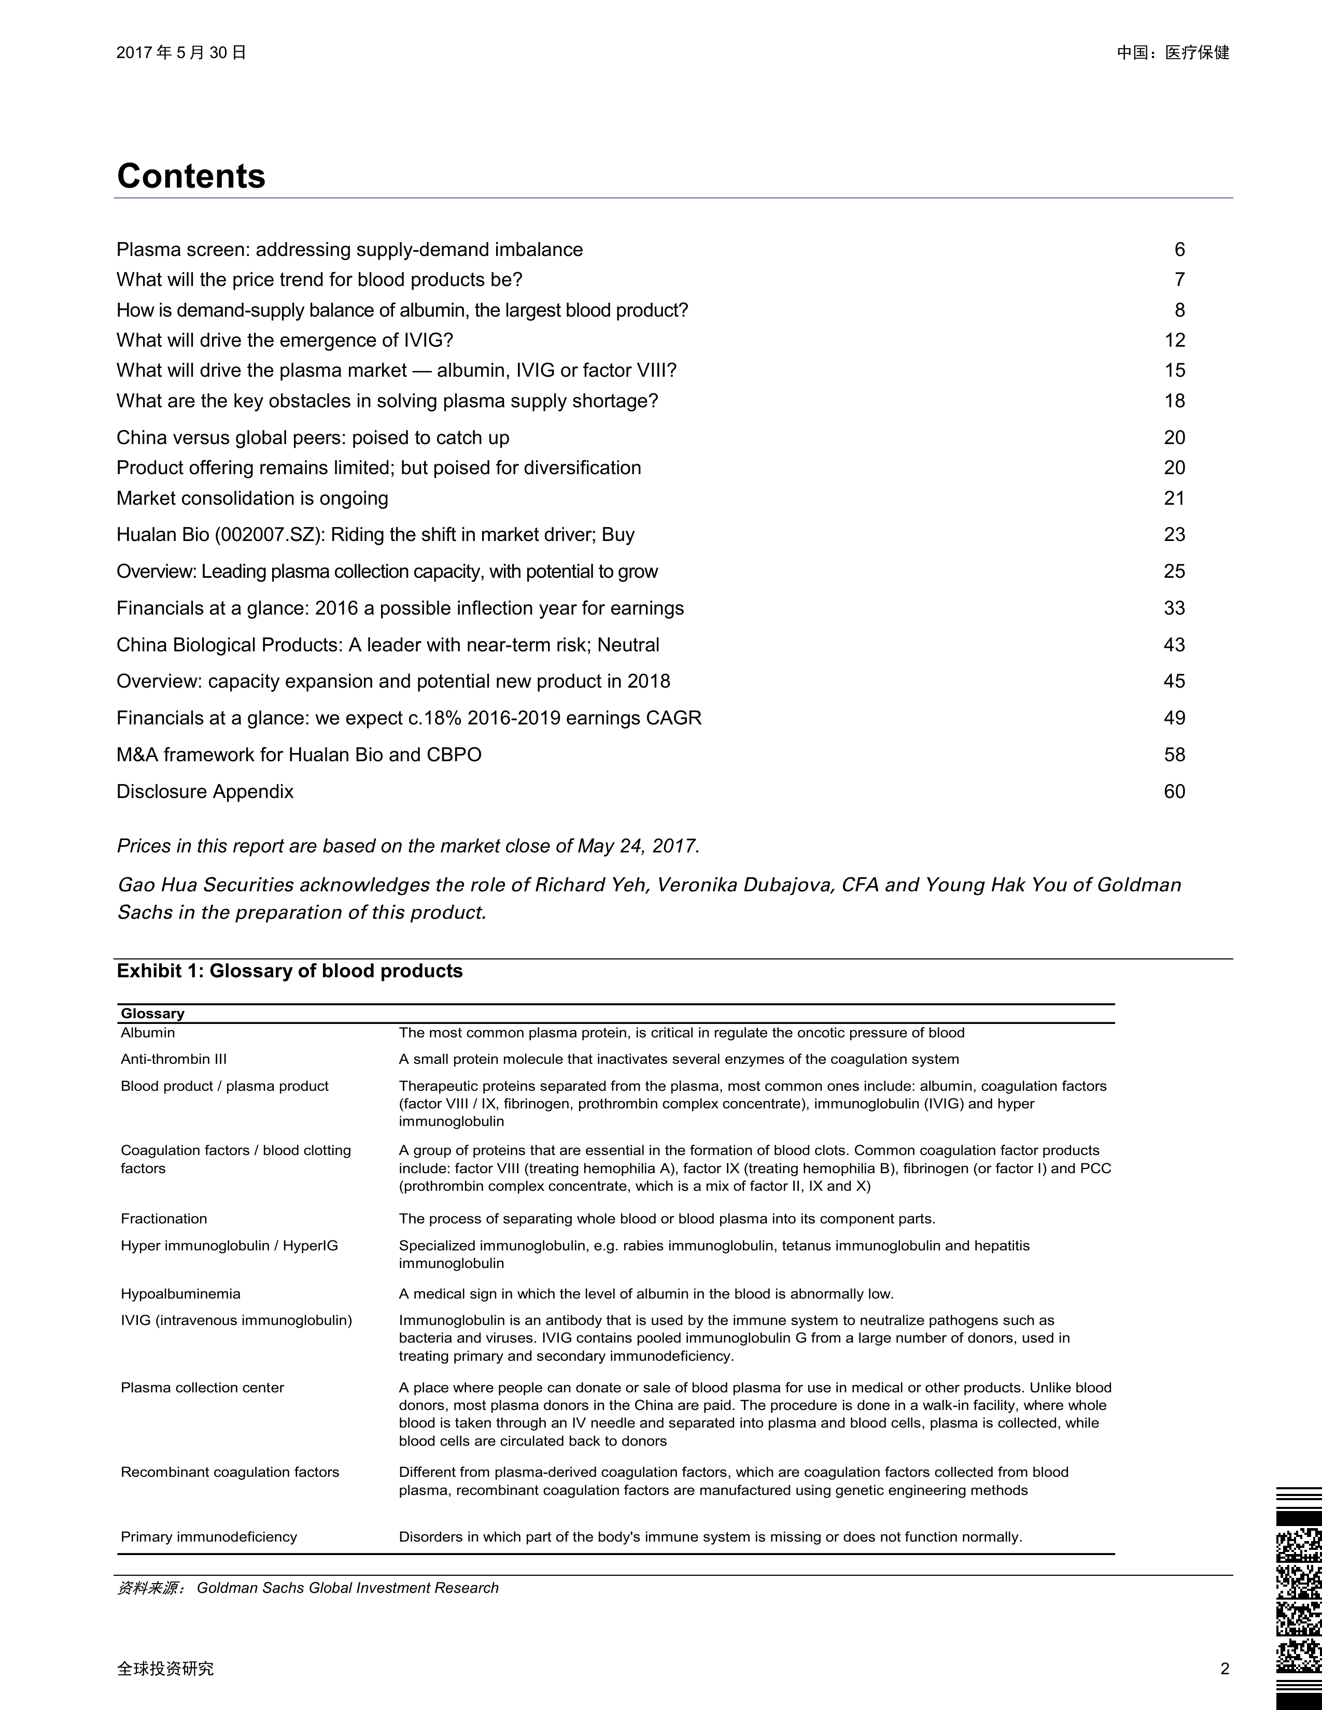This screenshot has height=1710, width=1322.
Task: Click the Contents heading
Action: tap(191, 176)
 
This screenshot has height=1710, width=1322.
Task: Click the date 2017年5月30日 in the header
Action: tap(181, 52)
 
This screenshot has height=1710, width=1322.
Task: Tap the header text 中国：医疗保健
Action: tap(1172, 52)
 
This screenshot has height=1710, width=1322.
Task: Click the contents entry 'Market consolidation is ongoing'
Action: tap(252, 498)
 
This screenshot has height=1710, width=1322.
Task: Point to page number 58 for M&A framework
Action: tap(1174, 755)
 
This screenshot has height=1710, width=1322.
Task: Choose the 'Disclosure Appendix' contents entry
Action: tap(205, 792)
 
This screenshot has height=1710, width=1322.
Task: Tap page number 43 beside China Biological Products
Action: tap(1174, 645)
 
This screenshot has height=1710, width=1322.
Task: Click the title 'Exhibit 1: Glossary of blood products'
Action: tap(290, 971)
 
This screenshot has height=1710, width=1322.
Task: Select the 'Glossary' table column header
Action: tap(153, 1013)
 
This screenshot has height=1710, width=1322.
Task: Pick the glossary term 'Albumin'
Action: tap(148, 1033)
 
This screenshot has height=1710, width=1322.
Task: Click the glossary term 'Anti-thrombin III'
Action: tap(174, 1059)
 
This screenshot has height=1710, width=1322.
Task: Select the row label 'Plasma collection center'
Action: tap(202, 1387)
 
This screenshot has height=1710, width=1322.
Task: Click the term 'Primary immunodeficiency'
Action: tap(209, 1537)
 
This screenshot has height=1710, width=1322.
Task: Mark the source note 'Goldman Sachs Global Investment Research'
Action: tap(348, 1588)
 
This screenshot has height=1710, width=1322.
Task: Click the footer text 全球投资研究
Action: tap(165, 1669)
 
